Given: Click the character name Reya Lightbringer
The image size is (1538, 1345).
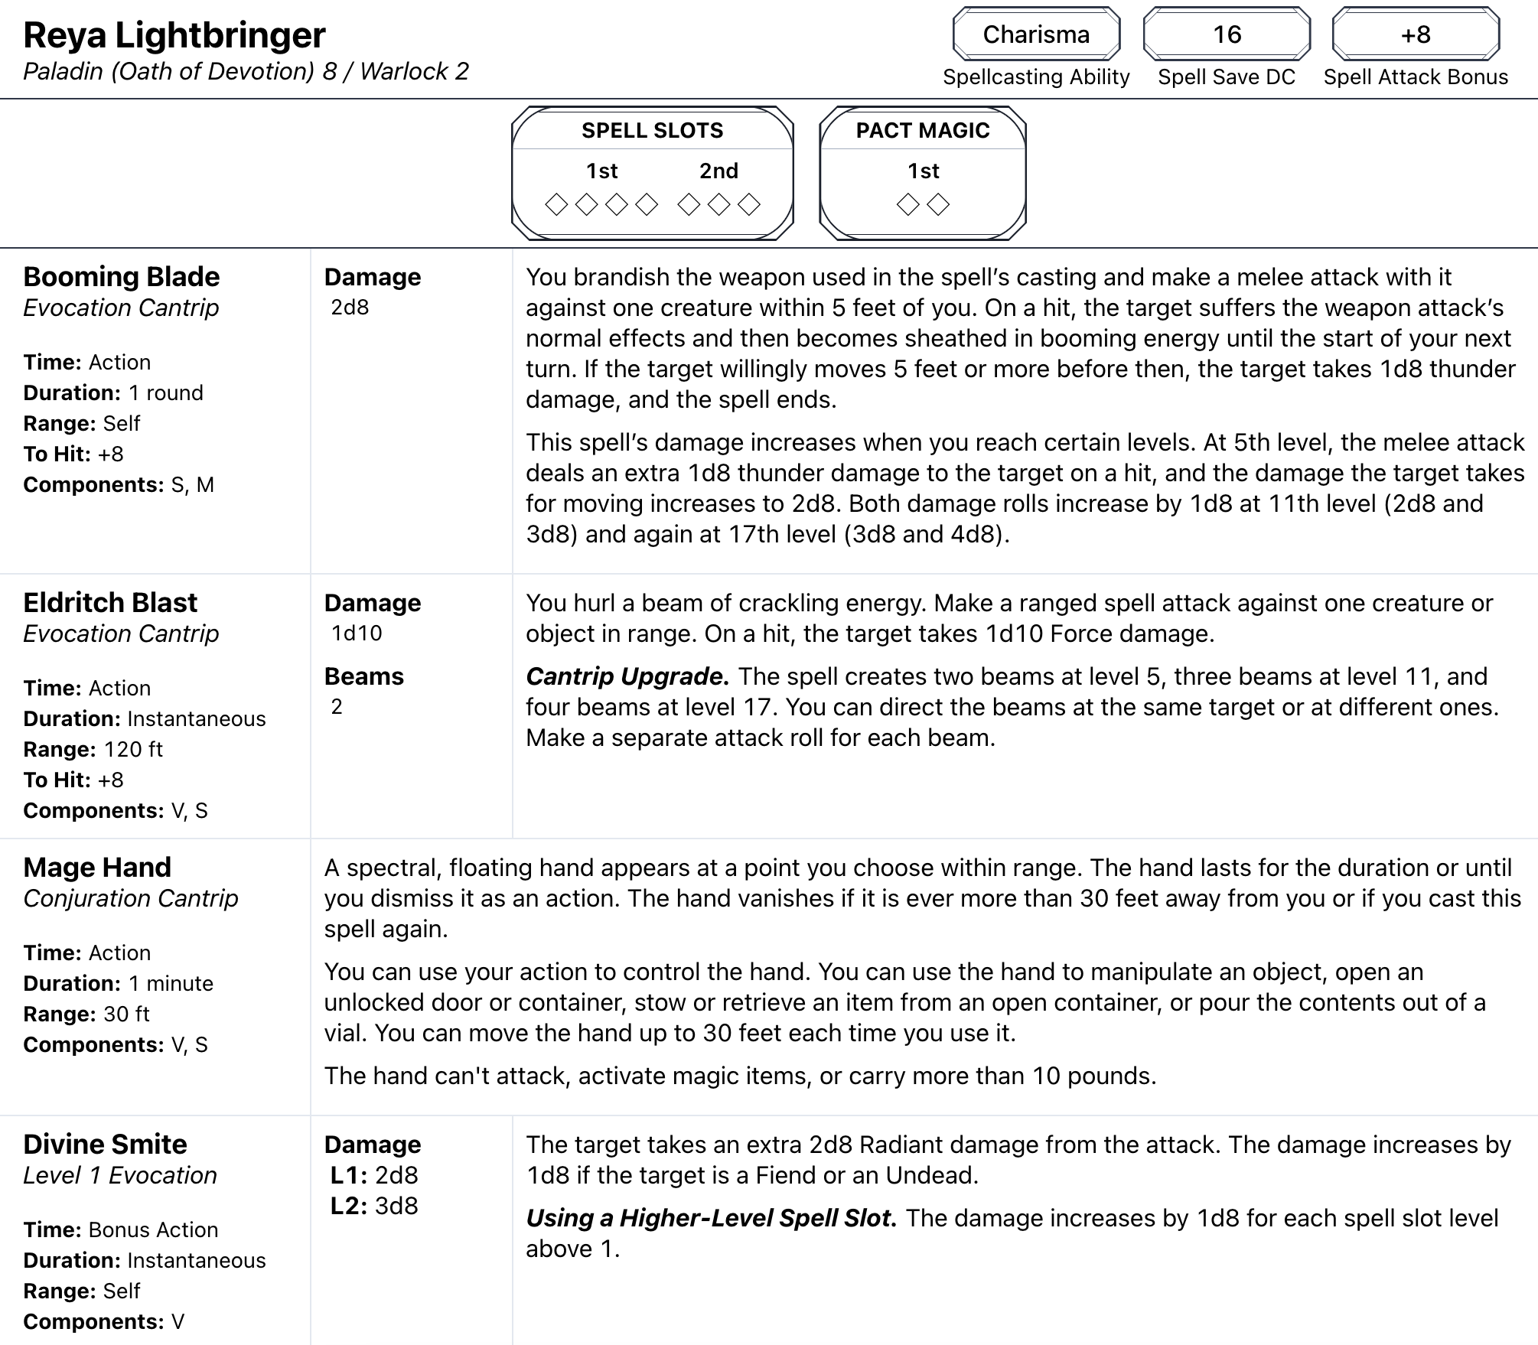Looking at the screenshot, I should (174, 35).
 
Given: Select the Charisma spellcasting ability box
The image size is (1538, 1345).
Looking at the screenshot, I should (1036, 34).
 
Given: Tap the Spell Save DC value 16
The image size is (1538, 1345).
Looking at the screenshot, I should (1227, 34).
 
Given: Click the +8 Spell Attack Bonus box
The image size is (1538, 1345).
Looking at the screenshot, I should (1416, 34).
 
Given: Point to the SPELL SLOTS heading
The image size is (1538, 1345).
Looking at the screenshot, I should (652, 130).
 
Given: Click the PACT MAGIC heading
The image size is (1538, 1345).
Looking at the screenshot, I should (923, 130).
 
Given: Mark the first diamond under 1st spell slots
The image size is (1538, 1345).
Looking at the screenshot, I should (556, 204).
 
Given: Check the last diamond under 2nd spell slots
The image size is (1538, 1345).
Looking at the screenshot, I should (749, 204).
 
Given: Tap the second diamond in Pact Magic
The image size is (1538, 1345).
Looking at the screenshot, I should (938, 204).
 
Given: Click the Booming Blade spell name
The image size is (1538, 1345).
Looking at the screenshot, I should (122, 277).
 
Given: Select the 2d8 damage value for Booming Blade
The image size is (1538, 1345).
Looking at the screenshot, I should (350, 308).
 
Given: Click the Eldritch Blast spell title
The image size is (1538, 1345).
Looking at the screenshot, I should (110, 603).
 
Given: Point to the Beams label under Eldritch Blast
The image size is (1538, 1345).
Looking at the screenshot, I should (364, 676).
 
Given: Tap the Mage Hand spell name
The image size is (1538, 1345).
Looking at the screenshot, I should (97, 868).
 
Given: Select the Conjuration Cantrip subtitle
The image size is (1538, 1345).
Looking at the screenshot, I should (131, 898).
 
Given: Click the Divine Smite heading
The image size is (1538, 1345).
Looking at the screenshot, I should (105, 1145).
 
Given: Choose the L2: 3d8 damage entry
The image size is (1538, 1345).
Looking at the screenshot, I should (374, 1206).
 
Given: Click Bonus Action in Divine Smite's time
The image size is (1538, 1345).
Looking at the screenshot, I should (153, 1229).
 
